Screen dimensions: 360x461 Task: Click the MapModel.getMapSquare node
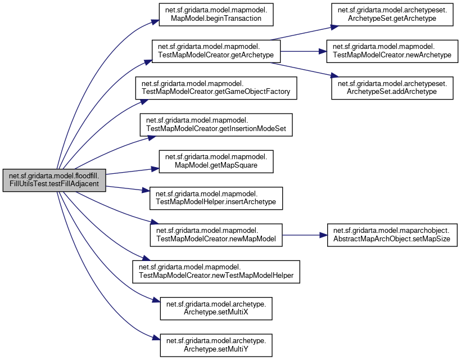[x=216, y=161]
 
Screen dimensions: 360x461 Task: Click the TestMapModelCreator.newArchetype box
[x=392, y=51]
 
